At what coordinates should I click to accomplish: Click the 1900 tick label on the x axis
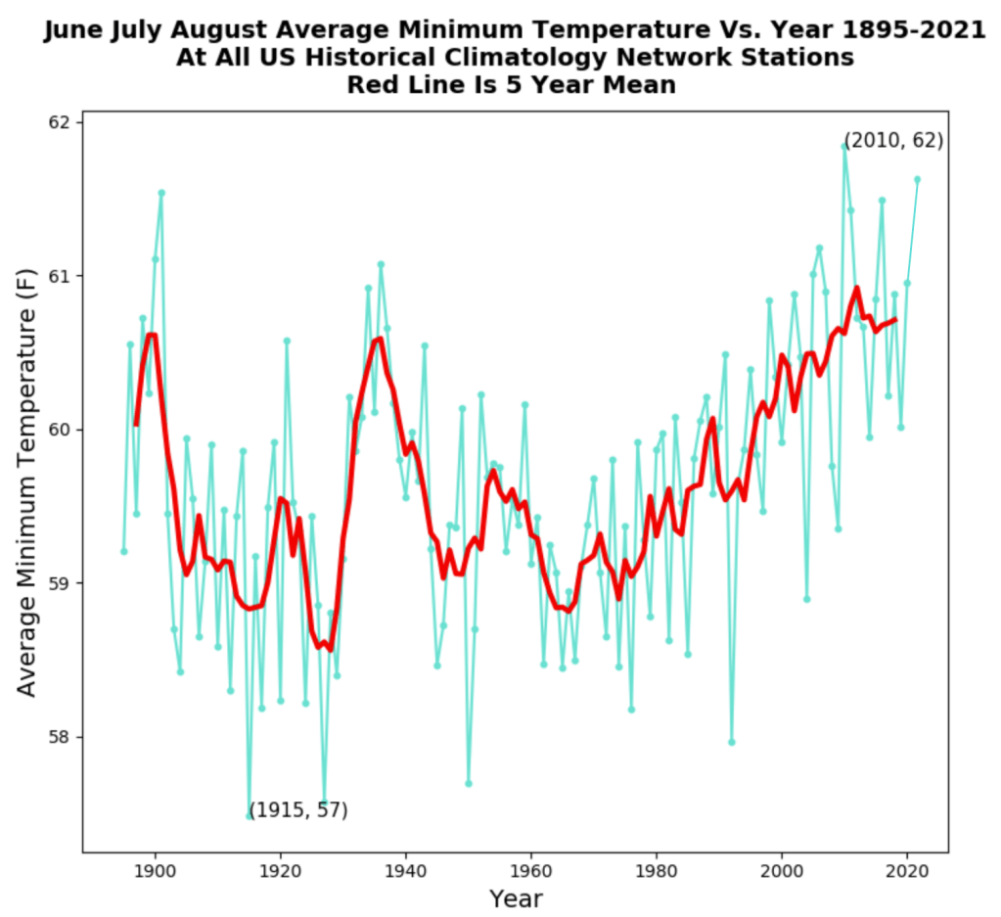pos(155,869)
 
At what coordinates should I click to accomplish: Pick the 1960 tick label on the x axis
pos(531,869)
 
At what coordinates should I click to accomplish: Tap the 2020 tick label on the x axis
pos(907,869)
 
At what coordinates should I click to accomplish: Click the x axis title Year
pos(516,897)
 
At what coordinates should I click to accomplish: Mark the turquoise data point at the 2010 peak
pos(844,146)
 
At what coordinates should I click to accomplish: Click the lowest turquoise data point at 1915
pos(250,815)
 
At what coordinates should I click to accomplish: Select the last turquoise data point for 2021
pos(917,179)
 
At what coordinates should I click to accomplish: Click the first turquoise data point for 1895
pos(123,551)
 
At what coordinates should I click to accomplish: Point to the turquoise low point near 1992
pos(732,742)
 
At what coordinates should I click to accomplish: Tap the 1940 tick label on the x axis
pos(405,869)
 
